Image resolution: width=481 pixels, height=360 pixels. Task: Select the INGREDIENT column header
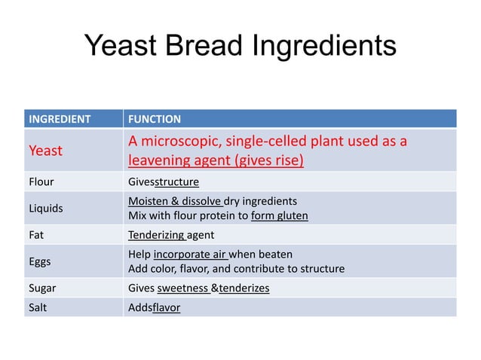tap(60, 119)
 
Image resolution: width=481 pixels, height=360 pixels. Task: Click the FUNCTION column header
tap(155, 119)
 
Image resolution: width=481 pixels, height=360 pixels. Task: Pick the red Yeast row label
tap(46, 151)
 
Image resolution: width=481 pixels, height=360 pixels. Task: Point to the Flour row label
tap(41, 182)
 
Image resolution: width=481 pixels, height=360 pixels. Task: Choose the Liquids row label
tap(46, 209)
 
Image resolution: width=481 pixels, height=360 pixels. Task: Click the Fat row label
tap(36, 234)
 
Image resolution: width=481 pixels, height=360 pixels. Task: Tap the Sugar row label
tap(42, 288)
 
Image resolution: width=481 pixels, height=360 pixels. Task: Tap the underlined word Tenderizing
tap(156, 234)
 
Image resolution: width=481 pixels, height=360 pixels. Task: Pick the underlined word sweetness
tap(183, 288)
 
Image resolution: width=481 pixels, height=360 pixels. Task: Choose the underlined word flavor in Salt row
tap(166, 307)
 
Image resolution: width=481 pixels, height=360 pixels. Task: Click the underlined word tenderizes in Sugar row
tap(244, 288)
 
